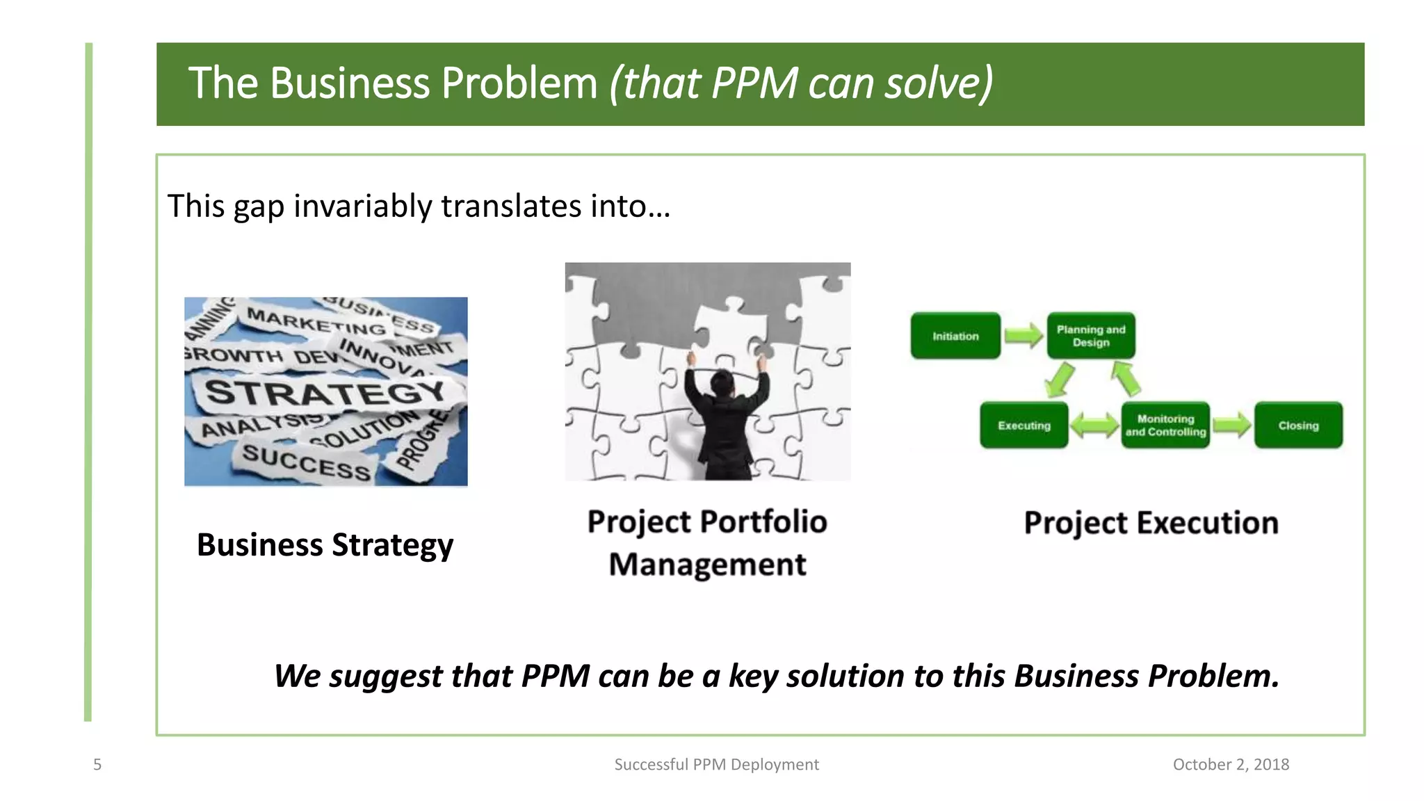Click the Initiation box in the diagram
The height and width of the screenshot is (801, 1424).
[955, 336]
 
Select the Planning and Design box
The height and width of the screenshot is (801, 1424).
[1091, 336]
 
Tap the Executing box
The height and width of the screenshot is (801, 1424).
[1023, 425]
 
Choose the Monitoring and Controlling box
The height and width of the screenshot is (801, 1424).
[1165, 425]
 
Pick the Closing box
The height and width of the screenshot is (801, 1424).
[1298, 425]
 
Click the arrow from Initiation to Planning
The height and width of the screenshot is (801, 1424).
[1023, 336]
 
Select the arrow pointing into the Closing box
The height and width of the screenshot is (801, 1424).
[1232, 425]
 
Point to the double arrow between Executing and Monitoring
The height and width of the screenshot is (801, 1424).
[1094, 425]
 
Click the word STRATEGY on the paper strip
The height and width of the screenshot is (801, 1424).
[325, 394]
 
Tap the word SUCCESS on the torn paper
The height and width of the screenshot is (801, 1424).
[306, 462]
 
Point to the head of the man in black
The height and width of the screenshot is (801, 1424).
[722, 382]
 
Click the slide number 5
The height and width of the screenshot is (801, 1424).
[97, 765]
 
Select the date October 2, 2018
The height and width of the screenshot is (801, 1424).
[1231, 765]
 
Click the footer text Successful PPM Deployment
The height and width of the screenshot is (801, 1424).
[716, 765]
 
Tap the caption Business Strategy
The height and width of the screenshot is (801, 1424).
[325, 544]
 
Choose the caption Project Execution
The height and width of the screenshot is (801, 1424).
[1151, 523]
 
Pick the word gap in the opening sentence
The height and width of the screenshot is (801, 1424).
[259, 207]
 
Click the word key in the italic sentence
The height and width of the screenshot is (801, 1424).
[753, 676]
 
